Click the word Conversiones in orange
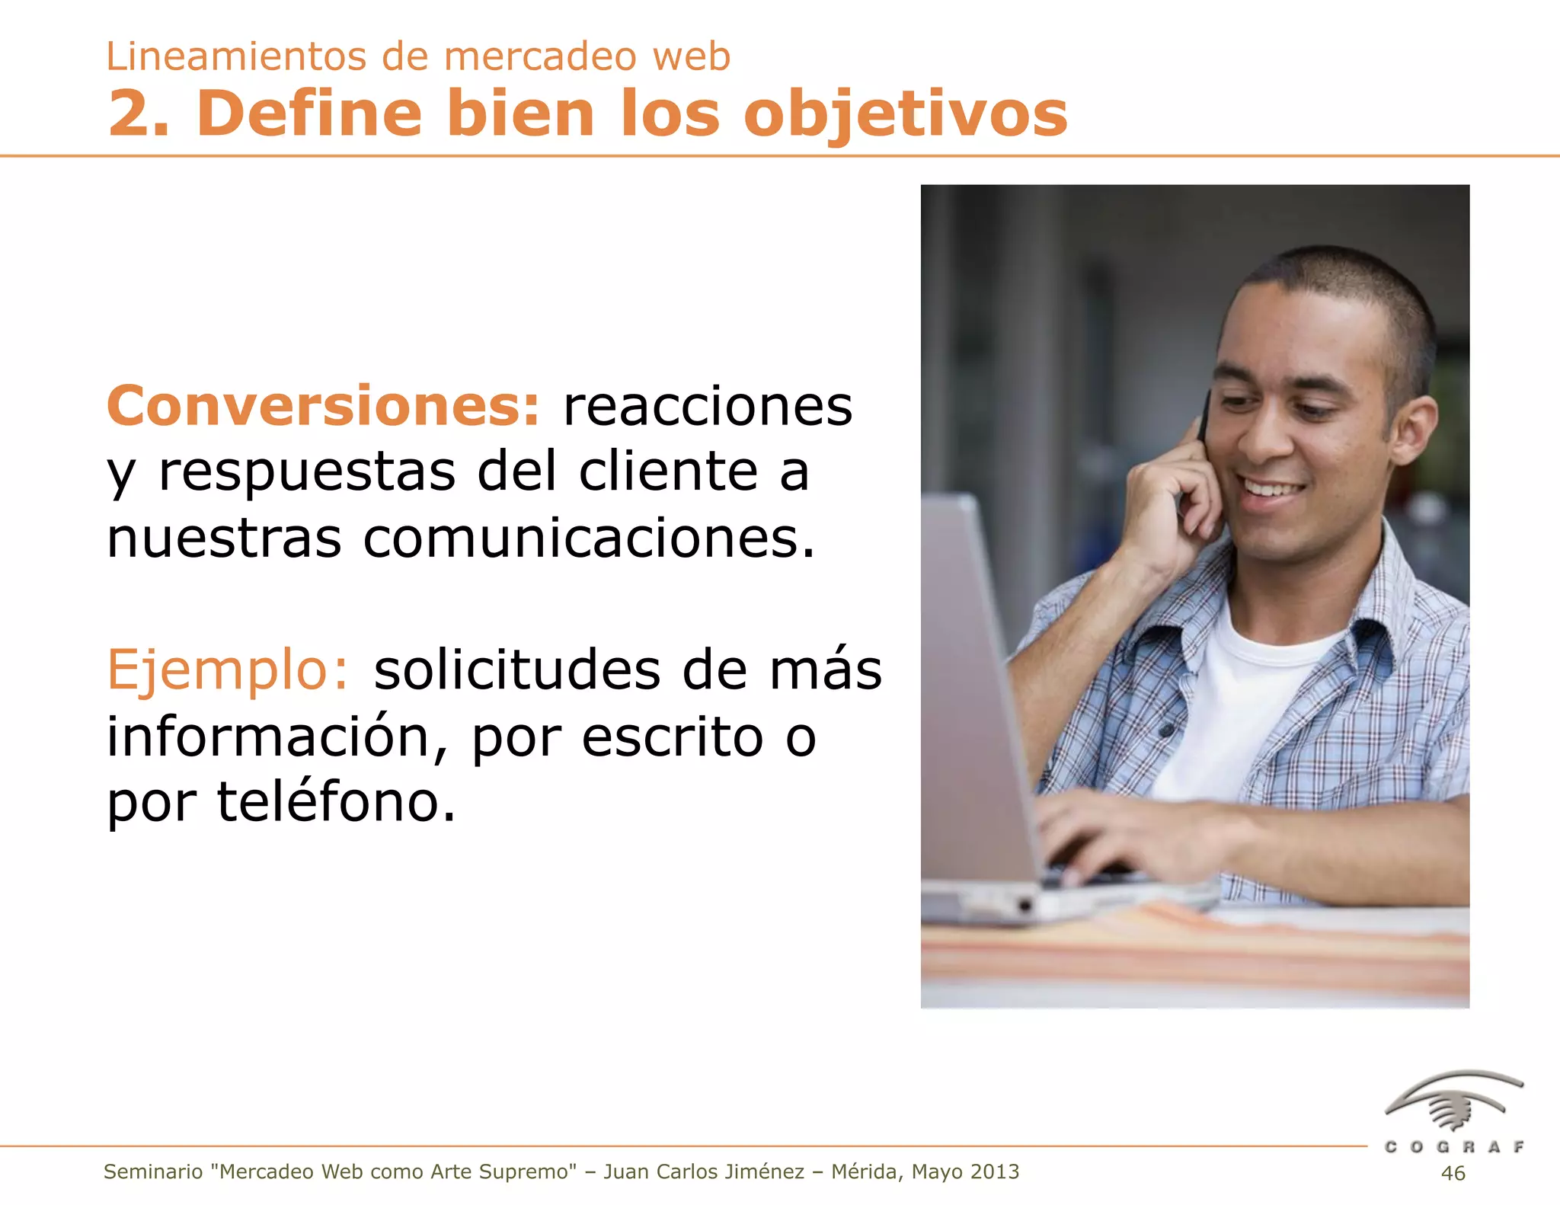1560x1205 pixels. click(323, 406)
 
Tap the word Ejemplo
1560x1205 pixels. click(227, 670)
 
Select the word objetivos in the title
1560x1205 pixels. click(906, 114)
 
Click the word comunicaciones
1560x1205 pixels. click(589, 539)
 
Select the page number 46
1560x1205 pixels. click(1453, 1173)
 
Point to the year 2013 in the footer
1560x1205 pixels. click(994, 1171)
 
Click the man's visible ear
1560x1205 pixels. click(1415, 430)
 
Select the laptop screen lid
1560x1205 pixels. click(975, 686)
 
